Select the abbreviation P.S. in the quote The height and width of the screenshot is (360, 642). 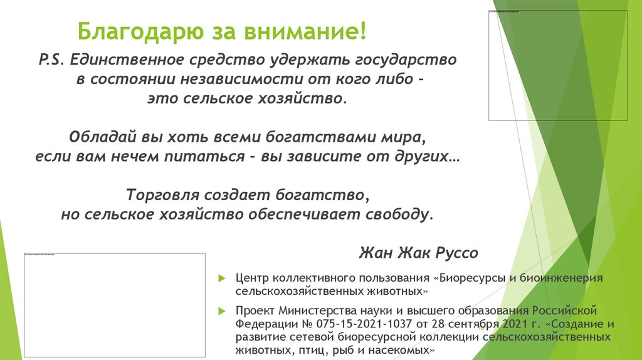(51, 61)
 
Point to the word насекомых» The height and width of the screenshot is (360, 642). (397, 351)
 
